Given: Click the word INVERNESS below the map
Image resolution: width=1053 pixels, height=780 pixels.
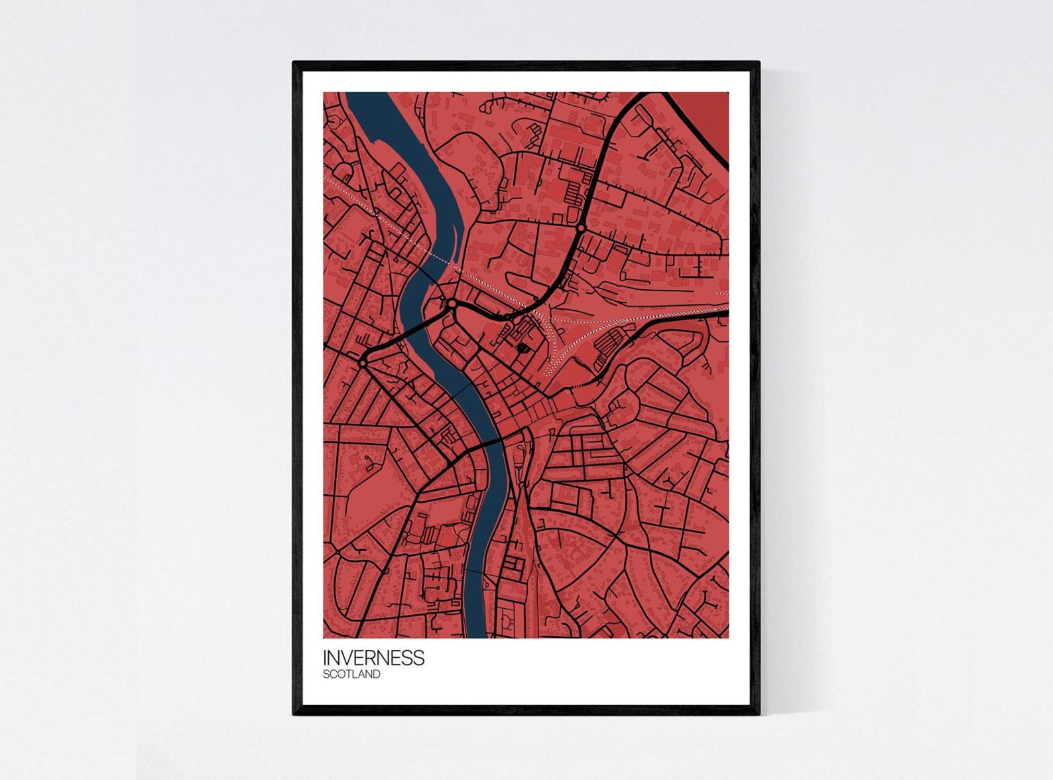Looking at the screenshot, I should tap(373, 657).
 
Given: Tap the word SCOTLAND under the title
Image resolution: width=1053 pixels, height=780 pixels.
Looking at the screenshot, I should tap(351, 675).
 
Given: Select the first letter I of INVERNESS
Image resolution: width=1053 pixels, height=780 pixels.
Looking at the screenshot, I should tap(325, 657).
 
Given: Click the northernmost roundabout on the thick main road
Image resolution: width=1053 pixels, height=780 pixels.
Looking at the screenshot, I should tap(581, 228).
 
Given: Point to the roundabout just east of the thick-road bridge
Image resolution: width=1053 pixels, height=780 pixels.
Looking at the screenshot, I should tap(452, 304).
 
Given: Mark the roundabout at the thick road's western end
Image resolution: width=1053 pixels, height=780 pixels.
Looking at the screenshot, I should tap(363, 363).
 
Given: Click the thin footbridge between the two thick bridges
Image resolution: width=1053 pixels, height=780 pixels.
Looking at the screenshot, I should tap(462, 390).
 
